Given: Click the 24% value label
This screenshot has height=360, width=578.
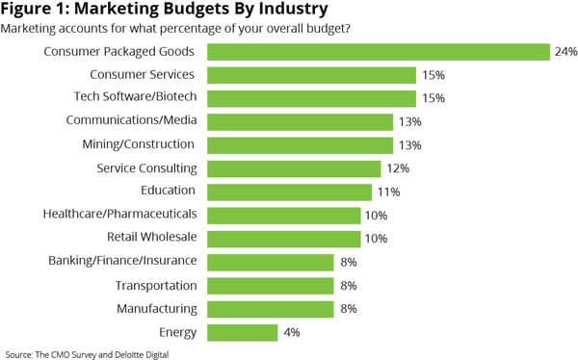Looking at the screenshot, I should (565, 52).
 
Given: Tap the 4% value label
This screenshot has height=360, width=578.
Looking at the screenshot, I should (291, 333).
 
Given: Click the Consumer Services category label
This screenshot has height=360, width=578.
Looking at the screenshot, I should (143, 74).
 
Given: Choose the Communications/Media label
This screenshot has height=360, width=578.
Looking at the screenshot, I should (130, 121).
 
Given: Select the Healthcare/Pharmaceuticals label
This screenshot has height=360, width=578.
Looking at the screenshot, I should (120, 215).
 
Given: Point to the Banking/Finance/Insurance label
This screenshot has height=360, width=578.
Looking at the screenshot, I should (122, 261).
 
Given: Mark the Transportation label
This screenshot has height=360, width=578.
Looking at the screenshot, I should (155, 286).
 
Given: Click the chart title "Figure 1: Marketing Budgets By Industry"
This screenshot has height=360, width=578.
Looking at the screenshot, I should (164, 11).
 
